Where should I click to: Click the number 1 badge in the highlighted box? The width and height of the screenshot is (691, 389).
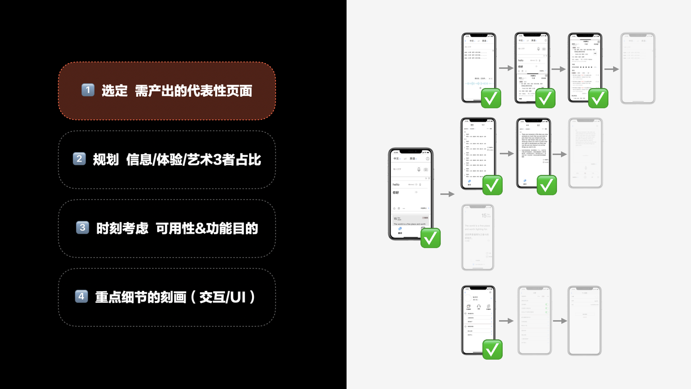[x=88, y=90]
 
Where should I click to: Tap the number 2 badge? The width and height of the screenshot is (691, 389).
[x=79, y=159]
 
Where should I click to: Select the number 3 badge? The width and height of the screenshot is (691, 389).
[x=82, y=228]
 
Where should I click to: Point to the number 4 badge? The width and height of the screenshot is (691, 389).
[x=82, y=296]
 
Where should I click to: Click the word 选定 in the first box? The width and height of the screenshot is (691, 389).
[x=115, y=91]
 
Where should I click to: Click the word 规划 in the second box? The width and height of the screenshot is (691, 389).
[x=106, y=159]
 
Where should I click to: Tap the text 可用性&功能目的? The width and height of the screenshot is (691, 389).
[x=207, y=228]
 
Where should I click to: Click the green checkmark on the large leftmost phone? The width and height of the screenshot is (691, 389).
[x=430, y=238]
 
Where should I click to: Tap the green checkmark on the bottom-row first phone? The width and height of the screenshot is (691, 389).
[x=492, y=349]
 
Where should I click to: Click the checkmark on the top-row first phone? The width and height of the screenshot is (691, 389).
[x=491, y=98]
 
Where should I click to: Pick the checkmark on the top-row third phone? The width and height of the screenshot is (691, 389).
[x=598, y=98]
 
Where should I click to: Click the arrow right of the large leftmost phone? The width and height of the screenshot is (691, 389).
[x=447, y=194]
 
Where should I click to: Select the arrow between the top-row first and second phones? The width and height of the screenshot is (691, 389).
[x=506, y=68]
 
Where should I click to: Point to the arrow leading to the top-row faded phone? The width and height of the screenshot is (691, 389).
[x=611, y=69]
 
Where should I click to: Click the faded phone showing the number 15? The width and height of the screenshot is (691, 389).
[x=478, y=237]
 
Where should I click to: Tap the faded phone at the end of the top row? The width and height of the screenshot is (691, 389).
[x=638, y=68]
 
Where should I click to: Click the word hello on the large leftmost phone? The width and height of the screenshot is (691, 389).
[x=396, y=184]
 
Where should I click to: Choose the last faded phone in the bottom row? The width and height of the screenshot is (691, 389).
[x=585, y=320]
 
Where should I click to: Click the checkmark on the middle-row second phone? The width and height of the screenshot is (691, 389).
[x=546, y=185]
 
